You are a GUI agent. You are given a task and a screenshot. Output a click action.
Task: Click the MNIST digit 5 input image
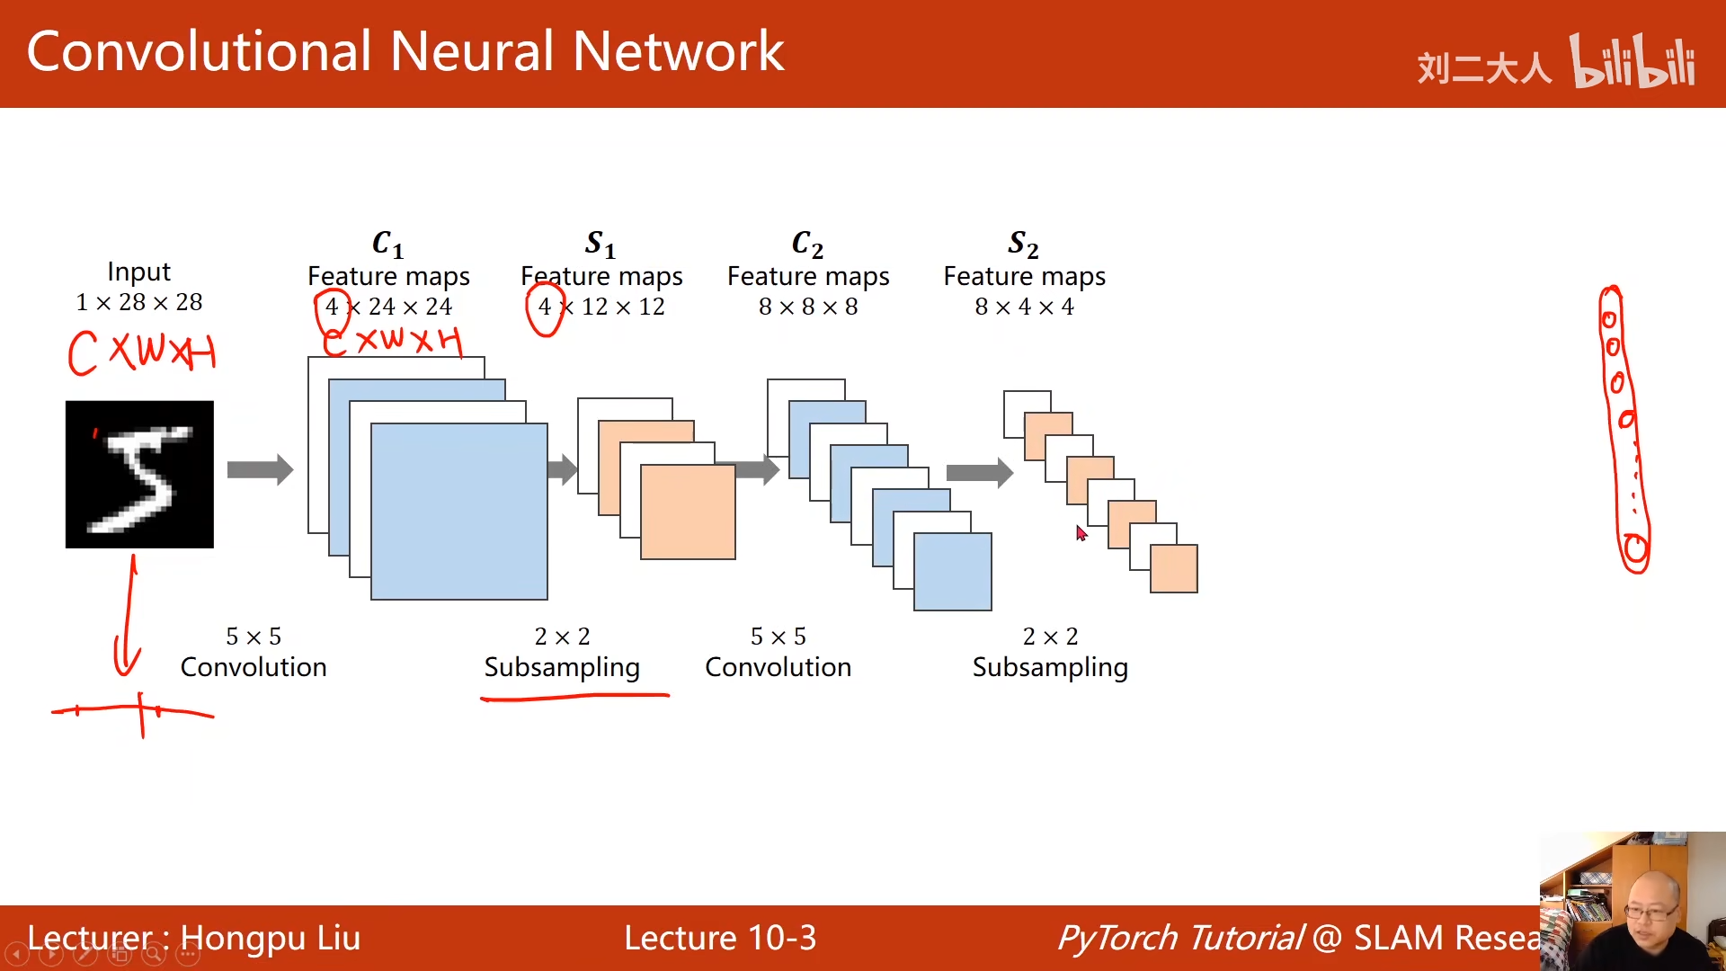(139, 474)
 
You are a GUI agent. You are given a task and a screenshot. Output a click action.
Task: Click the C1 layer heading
(387, 243)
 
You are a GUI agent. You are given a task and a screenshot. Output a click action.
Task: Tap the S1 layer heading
(600, 243)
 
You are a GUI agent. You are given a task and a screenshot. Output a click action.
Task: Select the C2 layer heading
(807, 243)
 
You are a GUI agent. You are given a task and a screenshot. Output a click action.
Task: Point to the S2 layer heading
(1023, 243)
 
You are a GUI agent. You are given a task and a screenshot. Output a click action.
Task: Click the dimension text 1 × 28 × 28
(139, 302)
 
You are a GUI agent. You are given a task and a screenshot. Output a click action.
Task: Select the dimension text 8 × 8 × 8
(808, 307)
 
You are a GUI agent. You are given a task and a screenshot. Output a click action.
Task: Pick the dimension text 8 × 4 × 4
(1024, 307)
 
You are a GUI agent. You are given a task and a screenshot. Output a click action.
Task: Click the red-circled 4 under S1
(545, 307)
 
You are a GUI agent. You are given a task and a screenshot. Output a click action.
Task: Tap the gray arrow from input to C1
(260, 469)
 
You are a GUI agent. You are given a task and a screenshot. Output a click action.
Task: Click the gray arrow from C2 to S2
(979, 473)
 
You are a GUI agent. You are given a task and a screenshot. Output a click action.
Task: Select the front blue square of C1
(458, 511)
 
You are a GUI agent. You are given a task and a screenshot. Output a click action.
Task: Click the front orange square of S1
(688, 512)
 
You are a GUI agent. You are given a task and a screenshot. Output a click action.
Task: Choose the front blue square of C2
(953, 572)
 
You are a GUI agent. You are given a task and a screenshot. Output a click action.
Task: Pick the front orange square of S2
(1174, 568)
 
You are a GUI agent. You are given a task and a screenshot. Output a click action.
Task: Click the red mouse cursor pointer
(1081, 533)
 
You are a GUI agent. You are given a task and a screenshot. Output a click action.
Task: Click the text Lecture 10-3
(720, 938)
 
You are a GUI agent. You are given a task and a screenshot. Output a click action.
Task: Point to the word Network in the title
(678, 51)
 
